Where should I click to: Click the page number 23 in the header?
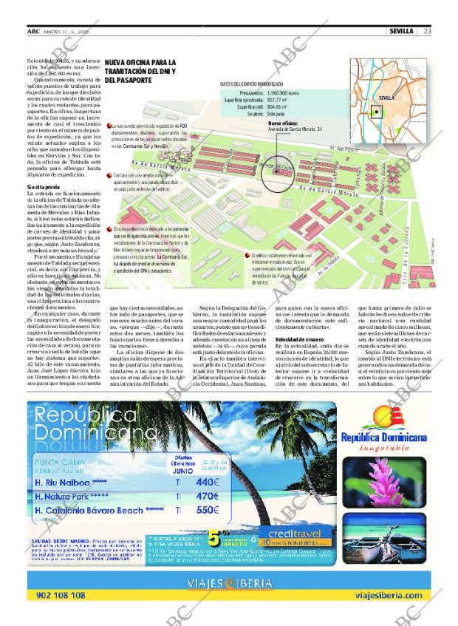tap(428, 31)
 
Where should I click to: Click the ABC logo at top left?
tap(33, 31)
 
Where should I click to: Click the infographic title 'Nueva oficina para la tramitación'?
tap(140, 71)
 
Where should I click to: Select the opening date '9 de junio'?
tap(276, 114)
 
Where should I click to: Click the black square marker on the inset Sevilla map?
tap(377, 112)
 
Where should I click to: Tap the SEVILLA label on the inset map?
tap(387, 98)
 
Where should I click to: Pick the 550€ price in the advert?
tap(207, 510)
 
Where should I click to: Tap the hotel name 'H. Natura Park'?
tap(68, 497)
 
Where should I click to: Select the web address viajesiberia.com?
tap(389, 595)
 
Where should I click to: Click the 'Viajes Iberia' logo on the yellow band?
tap(229, 582)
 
